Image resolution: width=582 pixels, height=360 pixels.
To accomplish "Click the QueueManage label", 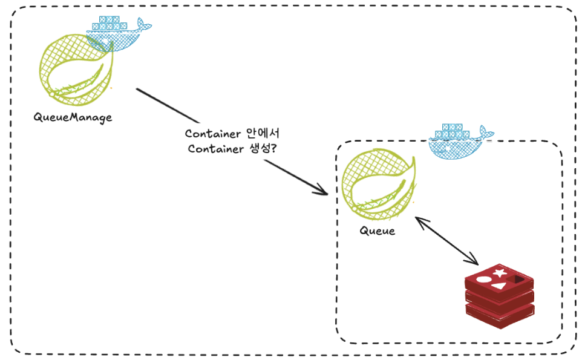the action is pos(73,117).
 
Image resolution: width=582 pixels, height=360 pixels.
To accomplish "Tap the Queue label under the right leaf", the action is pos(377,231).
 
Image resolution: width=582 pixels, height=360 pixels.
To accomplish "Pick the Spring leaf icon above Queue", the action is pos(379,185).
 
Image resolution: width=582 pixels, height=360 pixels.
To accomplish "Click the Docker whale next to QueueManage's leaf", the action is pos(119,34).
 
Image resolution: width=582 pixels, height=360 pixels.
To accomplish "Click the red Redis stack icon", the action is pos(500,296).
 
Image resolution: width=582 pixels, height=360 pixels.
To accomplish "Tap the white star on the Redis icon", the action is pos(500,273).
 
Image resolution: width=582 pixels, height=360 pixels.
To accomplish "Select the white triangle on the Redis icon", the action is pos(499,286).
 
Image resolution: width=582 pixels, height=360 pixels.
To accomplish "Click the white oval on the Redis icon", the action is pos(483,279).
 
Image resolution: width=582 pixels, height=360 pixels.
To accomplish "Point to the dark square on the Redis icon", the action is pos(517,279).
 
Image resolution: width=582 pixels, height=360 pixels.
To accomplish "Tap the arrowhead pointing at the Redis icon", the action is pos(472,260).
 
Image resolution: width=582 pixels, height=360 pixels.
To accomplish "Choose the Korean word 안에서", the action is pos(263,133).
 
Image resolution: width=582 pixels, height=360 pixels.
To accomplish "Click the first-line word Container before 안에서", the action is pos(213,134).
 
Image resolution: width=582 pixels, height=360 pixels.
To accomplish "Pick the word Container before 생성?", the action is pos(215,149).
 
